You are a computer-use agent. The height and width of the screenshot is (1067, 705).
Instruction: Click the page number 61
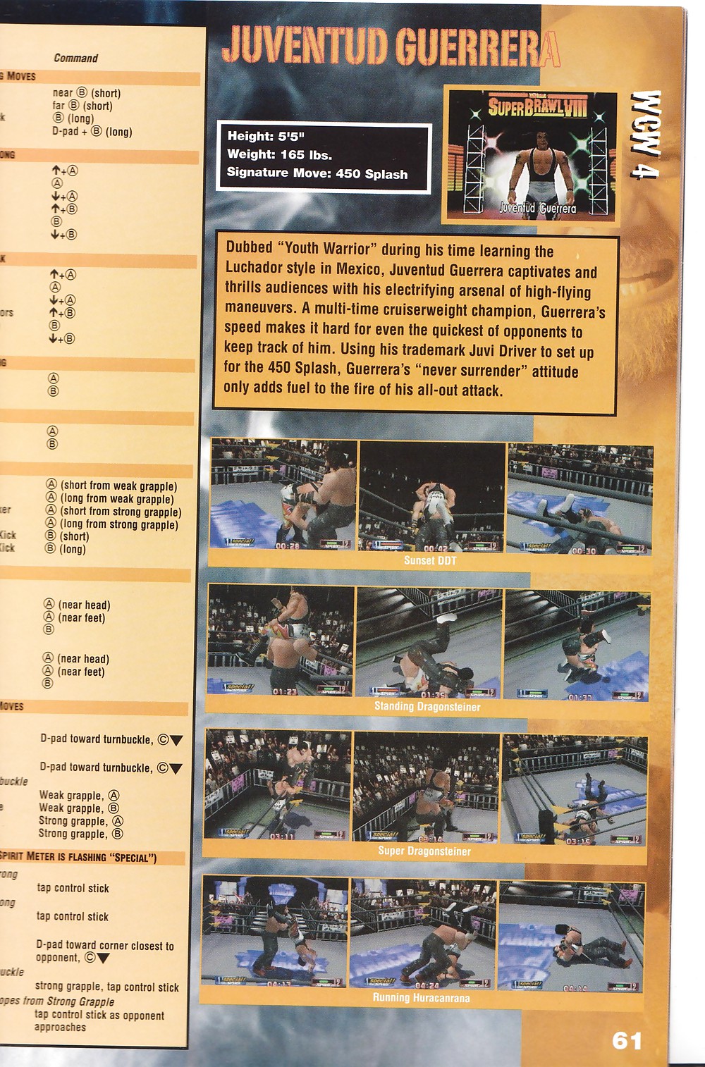[627, 1040]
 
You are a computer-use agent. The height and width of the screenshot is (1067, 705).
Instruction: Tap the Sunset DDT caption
[430, 561]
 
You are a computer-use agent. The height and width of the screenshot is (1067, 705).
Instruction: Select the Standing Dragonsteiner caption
[427, 706]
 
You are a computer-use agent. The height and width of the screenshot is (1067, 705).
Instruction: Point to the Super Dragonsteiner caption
[424, 851]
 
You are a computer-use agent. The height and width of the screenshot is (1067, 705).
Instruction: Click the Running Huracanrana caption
[421, 997]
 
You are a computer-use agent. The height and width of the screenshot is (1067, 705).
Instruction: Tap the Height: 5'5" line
[266, 136]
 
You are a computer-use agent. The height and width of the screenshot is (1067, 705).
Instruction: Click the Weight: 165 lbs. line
[279, 154]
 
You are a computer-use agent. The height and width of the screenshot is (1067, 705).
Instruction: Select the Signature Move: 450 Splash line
[317, 173]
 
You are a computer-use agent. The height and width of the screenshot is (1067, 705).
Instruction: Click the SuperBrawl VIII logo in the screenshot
[537, 107]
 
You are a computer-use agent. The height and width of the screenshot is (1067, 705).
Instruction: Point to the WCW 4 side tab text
[645, 135]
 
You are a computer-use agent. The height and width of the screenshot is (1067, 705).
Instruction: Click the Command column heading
[75, 58]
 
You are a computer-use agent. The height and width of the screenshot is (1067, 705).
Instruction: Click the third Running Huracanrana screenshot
[570, 935]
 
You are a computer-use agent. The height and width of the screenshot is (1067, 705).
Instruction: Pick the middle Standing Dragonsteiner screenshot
[429, 641]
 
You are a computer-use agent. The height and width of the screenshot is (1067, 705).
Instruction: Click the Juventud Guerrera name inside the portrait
[537, 208]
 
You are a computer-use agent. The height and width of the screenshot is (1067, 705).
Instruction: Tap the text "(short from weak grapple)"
[118, 486]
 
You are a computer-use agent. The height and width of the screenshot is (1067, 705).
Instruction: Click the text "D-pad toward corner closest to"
[105, 945]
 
